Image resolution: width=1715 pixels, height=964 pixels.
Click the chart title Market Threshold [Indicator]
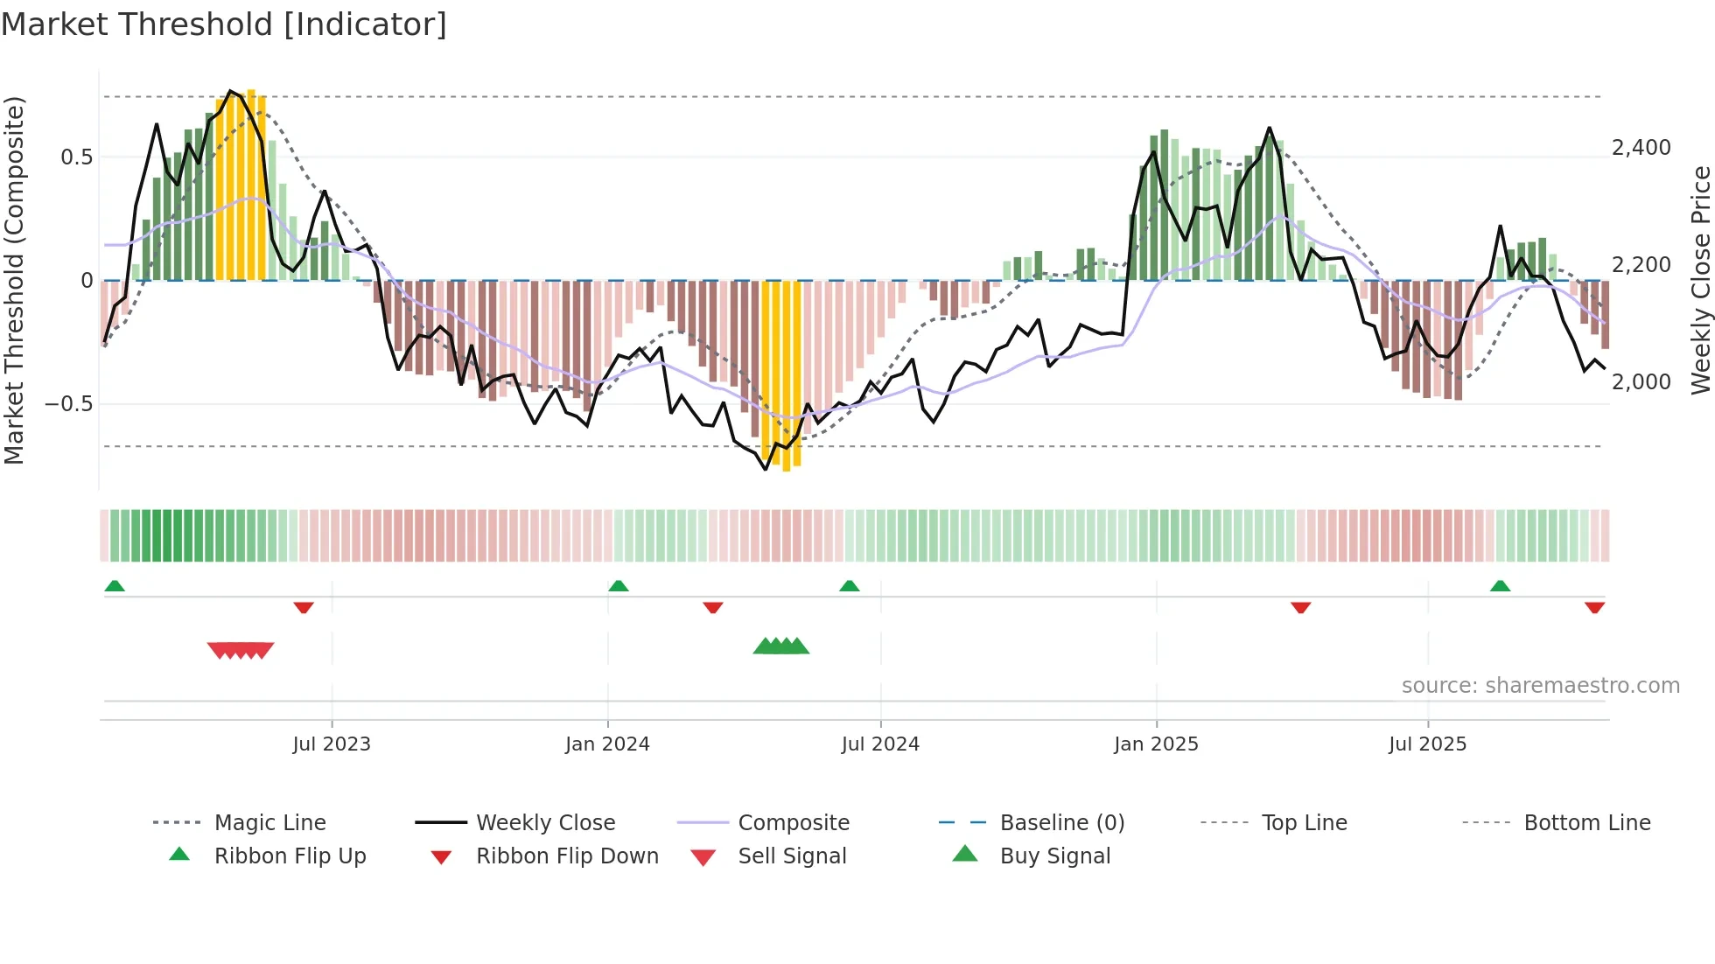tap(224, 24)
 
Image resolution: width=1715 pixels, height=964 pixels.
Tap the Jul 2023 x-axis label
tap(332, 744)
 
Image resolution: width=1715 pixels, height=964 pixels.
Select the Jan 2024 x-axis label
tap(607, 744)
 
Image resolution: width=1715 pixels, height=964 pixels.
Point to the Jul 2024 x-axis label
tap(880, 744)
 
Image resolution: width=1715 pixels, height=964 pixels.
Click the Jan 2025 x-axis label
tap(1156, 744)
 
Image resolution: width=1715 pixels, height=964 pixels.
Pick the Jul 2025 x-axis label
tap(1427, 744)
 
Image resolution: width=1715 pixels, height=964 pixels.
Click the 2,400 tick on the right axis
tap(1641, 148)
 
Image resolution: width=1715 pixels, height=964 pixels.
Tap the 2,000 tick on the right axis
tap(1641, 382)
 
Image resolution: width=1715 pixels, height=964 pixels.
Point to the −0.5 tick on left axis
tap(68, 404)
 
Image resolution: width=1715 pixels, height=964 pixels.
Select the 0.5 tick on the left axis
tap(76, 157)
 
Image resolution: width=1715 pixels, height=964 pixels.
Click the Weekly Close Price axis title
tap(1700, 280)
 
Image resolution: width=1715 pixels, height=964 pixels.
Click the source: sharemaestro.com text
tap(1540, 686)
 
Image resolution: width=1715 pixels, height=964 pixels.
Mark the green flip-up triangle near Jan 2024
tap(619, 585)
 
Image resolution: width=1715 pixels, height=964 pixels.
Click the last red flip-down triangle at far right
tap(1594, 607)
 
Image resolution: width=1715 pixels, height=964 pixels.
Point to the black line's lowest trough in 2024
tap(766, 469)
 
